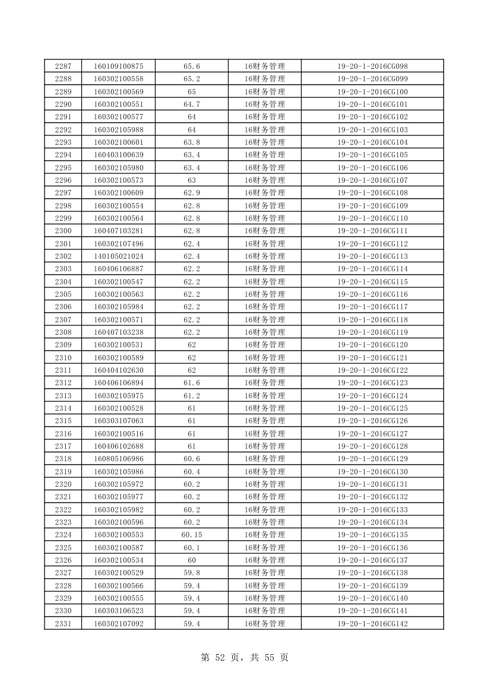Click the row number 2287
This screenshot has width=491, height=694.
63,66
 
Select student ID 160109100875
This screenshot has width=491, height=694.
119,66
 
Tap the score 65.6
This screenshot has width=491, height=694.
192,66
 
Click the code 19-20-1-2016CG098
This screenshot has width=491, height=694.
372,66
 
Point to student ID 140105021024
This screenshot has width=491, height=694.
119,256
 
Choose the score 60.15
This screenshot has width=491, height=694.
192,535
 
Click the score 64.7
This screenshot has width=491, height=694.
192,104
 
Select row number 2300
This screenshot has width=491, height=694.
63,231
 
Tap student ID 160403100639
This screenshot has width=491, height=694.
119,155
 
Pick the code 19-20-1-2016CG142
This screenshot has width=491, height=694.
372,623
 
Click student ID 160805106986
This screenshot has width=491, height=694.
119,459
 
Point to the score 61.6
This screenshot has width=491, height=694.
192,383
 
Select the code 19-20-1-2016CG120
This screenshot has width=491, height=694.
372,345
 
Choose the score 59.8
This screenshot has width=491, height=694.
192,573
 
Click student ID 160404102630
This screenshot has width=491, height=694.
119,370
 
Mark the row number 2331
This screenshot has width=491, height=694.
63,623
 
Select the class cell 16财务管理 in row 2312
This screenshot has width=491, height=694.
265,383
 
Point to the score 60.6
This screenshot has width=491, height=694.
192,459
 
